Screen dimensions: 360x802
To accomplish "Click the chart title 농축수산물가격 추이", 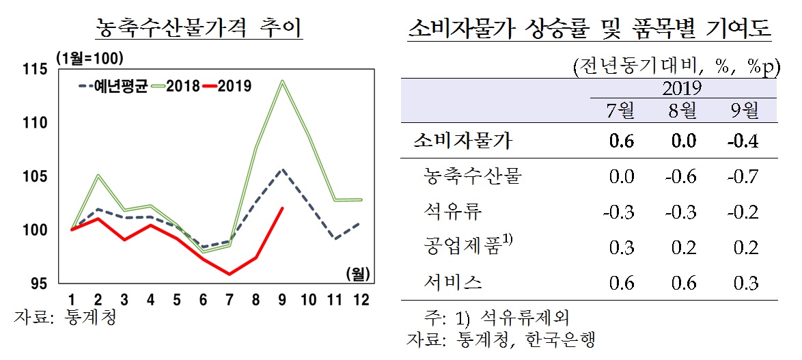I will click(x=199, y=29).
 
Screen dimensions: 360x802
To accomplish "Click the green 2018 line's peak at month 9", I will click(x=282, y=81).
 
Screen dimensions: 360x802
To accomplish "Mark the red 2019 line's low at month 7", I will click(x=230, y=274).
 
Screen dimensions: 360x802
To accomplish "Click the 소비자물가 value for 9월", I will click(x=742, y=141).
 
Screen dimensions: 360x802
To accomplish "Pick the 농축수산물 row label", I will click(x=473, y=177).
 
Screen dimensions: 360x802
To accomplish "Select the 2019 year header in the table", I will click(x=682, y=88).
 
